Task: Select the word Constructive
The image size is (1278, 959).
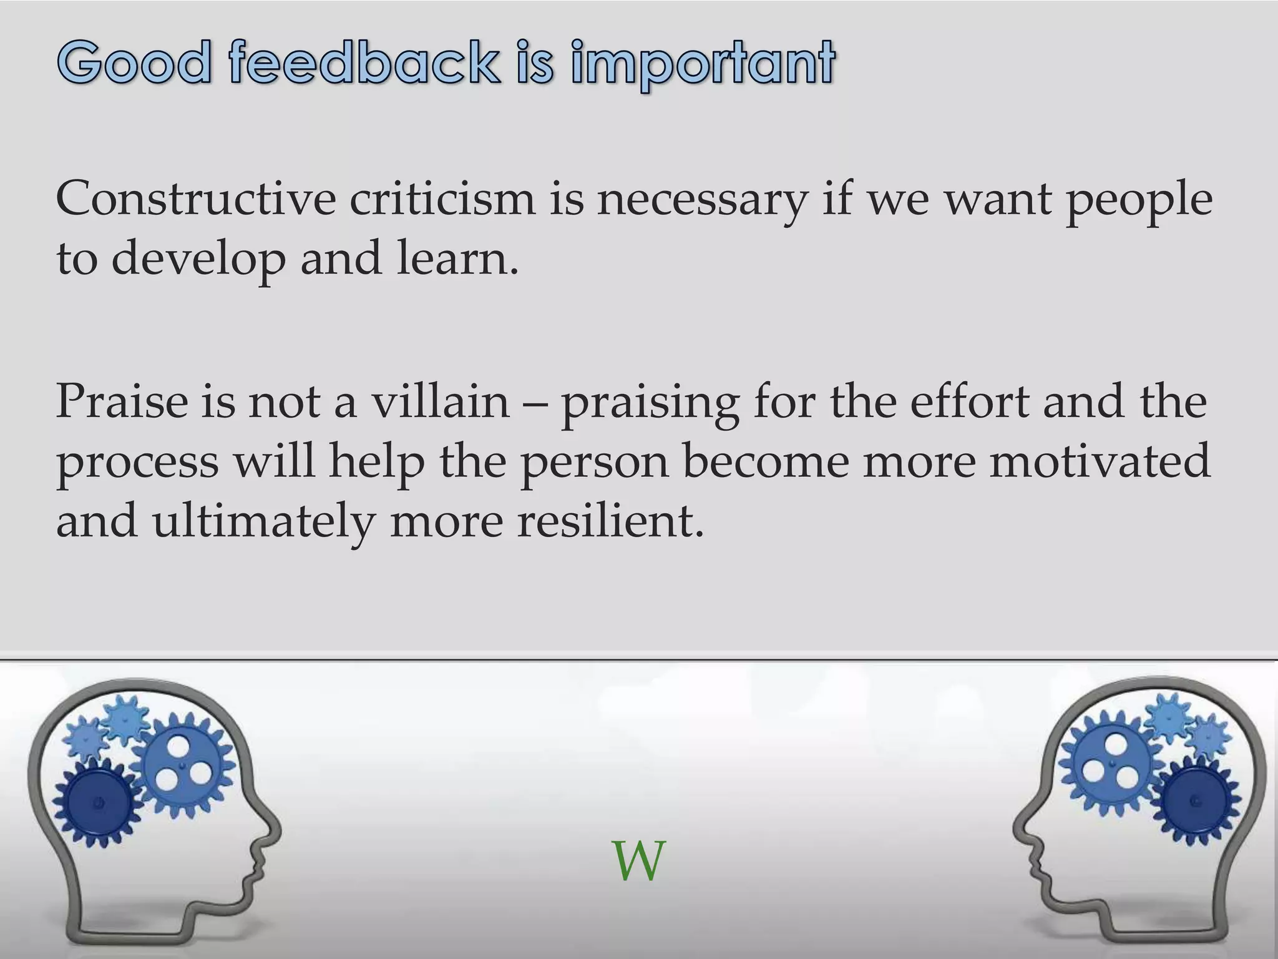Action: point(195,199)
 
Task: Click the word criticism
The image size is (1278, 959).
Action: point(442,199)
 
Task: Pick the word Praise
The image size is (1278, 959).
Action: point(122,401)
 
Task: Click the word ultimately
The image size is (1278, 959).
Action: point(263,522)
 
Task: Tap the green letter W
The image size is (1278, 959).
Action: point(638,862)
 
